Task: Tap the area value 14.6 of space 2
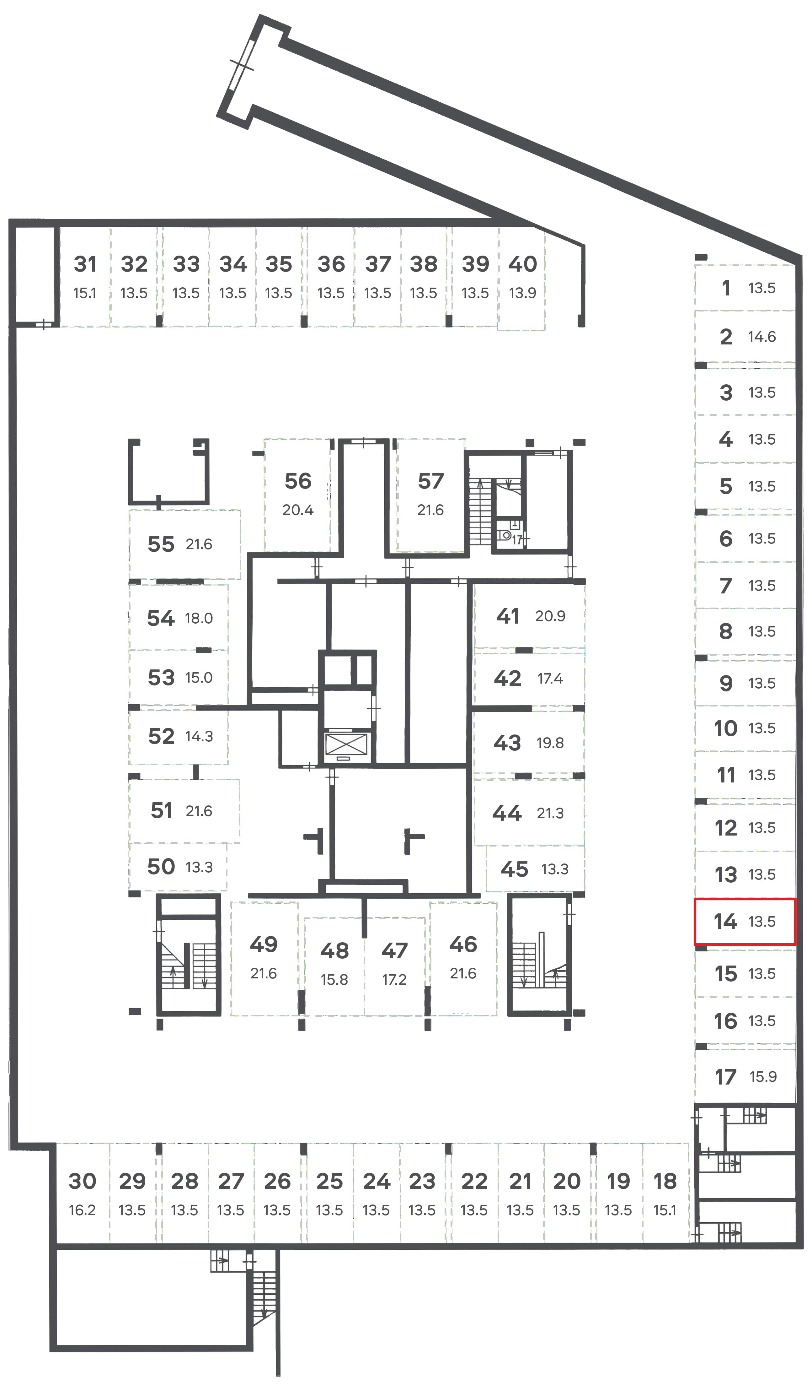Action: pos(762,336)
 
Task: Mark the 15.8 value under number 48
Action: pos(334,979)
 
